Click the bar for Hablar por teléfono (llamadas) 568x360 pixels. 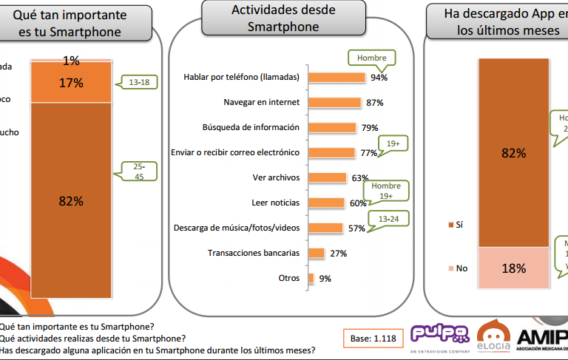coord(337,78)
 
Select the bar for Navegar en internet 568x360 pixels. coord(334,102)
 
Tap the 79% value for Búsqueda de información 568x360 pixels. coord(370,128)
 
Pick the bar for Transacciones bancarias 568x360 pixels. coord(317,253)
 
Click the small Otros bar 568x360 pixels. coord(311,278)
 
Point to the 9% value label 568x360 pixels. coord(325,279)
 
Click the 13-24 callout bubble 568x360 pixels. coord(390,220)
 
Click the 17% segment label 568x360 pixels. coord(71,83)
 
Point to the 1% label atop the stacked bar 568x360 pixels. coord(71,61)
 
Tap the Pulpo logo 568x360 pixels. coord(440,333)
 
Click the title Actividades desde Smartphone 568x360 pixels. coord(283,18)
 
